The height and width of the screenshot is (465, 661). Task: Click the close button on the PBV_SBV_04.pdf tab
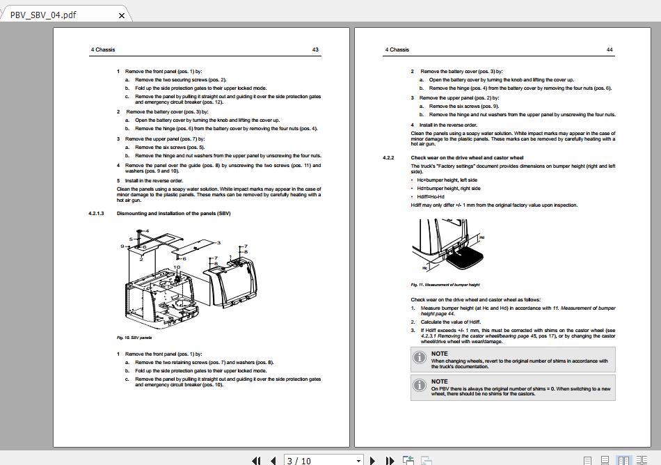(x=122, y=15)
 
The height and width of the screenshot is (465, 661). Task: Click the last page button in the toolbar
(x=390, y=460)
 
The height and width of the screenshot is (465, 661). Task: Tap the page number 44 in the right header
(x=610, y=49)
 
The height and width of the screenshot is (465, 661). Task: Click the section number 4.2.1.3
(x=96, y=213)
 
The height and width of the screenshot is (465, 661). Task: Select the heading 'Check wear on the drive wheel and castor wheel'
(x=467, y=158)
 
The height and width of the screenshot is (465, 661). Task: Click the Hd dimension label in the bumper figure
(x=481, y=237)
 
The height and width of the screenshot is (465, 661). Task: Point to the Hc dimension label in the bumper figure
(x=424, y=267)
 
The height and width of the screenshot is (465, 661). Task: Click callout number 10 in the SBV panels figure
(x=177, y=267)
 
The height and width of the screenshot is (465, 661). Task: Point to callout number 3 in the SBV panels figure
(x=218, y=242)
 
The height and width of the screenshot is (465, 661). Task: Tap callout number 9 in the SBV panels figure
(x=122, y=246)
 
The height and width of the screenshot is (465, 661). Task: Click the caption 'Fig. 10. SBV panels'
(x=134, y=338)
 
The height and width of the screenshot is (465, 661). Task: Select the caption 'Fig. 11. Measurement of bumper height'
(x=445, y=284)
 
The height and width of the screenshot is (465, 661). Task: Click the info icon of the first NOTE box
(x=419, y=357)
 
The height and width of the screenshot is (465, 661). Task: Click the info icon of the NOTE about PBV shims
(x=419, y=385)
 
